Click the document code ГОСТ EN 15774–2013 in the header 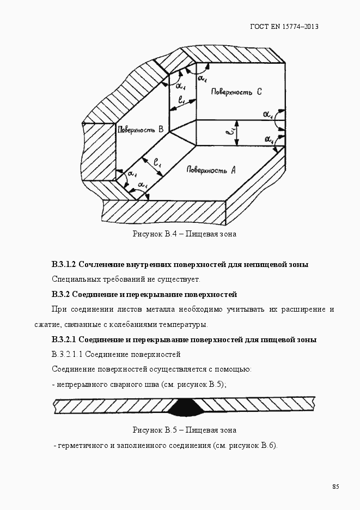(x=283, y=27)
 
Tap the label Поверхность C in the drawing (x=236, y=92)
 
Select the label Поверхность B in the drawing (x=140, y=129)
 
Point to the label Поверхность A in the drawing (x=211, y=170)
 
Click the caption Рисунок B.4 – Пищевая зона (x=184, y=234)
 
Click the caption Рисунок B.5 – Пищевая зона (x=184, y=430)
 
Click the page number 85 (x=335, y=486)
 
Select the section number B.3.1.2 (x=64, y=264)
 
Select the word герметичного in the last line (x=82, y=445)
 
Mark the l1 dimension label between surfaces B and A (x=157, y=162)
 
